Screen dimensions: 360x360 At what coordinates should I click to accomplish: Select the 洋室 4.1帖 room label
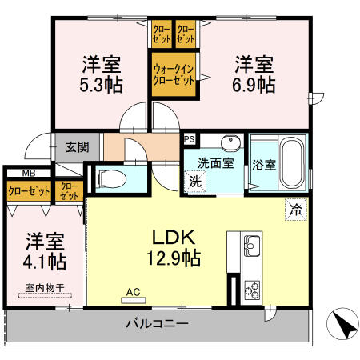[x=44, y=250]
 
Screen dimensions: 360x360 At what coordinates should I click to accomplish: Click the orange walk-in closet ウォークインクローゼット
[x=174, y=74]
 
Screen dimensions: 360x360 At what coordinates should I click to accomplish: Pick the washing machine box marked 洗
[x=194, y=181]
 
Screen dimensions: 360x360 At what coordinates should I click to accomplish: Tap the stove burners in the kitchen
[x=250, y=290]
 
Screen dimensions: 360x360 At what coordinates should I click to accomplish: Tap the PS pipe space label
[x=189, y=138]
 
